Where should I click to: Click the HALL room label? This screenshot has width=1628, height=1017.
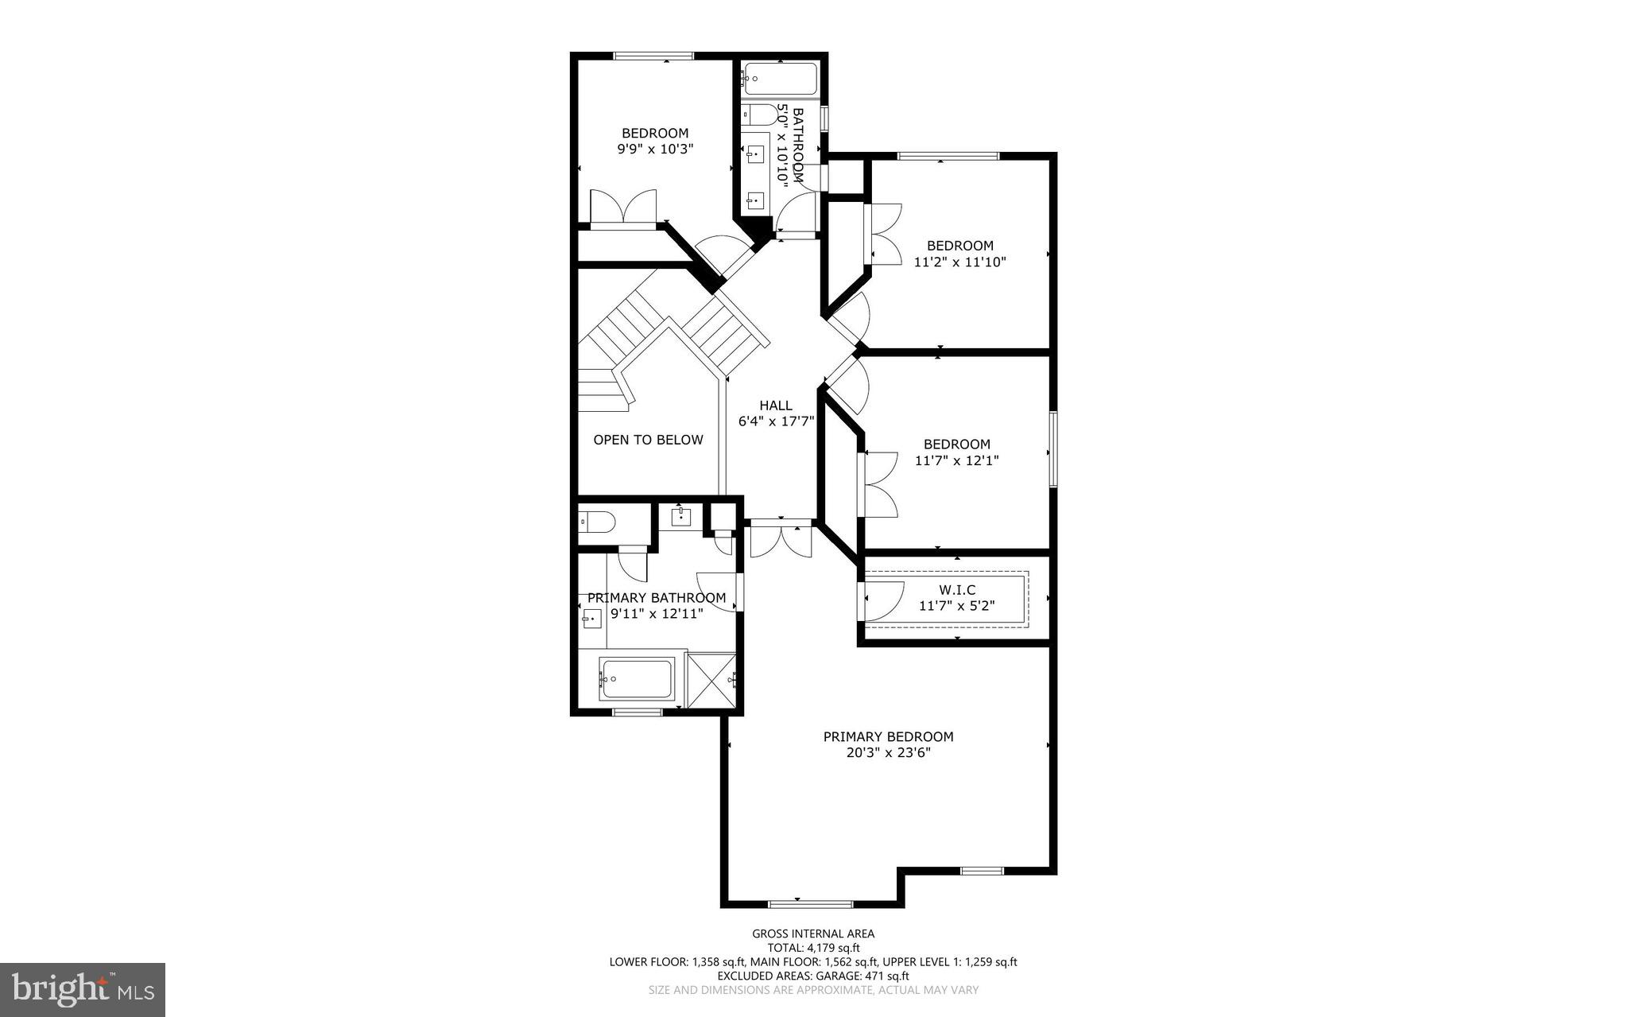pyautogui.click(x=775, y=406)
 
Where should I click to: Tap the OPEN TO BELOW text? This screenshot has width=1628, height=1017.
pyautogui.click(x=648, y=440)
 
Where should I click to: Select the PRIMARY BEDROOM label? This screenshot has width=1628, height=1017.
pyautogui.click(x=888, y=737)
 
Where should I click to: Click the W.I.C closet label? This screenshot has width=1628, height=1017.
pyautogui.click(x=957, y=590)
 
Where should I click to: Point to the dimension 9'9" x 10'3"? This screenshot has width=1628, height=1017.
pyautogui.click(x=655, y=149)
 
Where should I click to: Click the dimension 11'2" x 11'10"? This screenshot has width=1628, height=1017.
pyautogui.click(x=959, y=262)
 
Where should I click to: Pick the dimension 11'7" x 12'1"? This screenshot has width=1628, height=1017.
pyautogui.click(x=956, y=460)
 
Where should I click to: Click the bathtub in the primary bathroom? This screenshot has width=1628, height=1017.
pyautogui.click(x=636, y=680)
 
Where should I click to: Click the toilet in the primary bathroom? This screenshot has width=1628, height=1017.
pyautogui.click(x=597, y=522)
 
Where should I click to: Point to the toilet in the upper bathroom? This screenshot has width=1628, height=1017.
pyautogui.click(x=762, y=116)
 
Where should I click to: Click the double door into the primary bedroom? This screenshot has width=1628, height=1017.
pyautogui.click(x=781, y=539)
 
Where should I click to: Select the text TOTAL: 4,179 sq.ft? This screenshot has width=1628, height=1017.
pyautogui.click(x=813, y=948)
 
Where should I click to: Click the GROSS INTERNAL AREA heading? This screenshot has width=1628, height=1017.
pyautogui.click(x=813, y=934)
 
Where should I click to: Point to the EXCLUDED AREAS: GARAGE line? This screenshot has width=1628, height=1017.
pyautogui.click(x=813, y=976)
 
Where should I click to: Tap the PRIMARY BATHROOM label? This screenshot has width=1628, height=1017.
pyautogui.click(x=656, y=598)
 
